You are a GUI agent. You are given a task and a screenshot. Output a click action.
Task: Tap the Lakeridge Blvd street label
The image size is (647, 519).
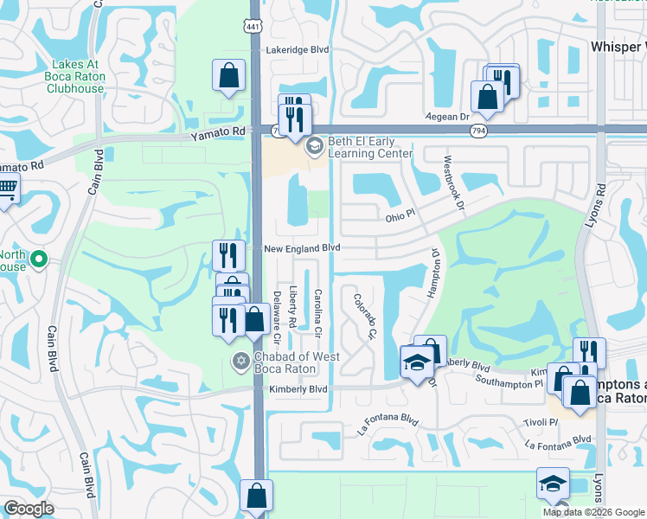298,50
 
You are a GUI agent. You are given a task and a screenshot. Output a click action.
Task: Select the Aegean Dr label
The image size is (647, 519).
446,116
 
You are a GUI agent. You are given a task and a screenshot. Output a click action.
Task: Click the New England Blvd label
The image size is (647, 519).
301,248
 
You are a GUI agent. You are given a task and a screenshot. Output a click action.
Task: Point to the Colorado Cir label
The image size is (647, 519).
365,316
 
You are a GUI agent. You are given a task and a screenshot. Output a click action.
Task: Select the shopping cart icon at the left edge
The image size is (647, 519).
7,188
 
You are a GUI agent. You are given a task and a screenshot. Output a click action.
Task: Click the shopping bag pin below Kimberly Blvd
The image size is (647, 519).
257,497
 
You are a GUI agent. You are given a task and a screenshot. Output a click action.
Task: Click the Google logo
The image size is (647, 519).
29,509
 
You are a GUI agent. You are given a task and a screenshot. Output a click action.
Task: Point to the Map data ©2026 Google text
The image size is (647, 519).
593,512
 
